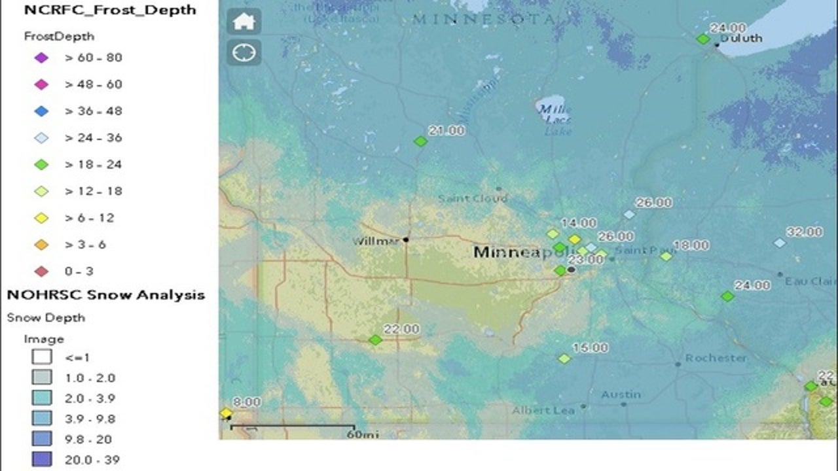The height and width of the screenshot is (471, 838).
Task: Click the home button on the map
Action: (x=244, y=22)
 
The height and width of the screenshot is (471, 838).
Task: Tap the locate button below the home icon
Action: (x=244, y=53)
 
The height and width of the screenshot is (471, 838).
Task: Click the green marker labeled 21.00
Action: (x=420, y=141)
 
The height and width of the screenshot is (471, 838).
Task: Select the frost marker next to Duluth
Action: (x=702, y=39)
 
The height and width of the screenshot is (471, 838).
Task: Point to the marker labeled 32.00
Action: (x=779, y=243)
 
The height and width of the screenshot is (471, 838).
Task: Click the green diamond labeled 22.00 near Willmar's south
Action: (x=375, y=340)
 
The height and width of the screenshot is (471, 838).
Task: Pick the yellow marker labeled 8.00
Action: (x=226, y=413)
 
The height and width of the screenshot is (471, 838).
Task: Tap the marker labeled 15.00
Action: (x=564, y=358)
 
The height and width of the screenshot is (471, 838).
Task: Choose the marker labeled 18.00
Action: (x=666, y=256)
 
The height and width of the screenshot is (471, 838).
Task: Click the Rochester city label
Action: (x=716, y=358)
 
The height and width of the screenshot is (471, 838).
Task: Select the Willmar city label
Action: (x=375, y=241)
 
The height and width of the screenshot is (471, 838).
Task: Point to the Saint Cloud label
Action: (x=472, y=198)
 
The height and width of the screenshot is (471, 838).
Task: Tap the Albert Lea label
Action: (x=543, y=410)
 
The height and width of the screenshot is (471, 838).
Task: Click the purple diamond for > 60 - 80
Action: (x=41, y=58)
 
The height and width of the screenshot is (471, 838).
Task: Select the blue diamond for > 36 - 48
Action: (x=41, y=111)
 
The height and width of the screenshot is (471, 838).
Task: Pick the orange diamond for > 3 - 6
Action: (x=41, y=245)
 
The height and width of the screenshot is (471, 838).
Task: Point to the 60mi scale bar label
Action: (x=359, y=434)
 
